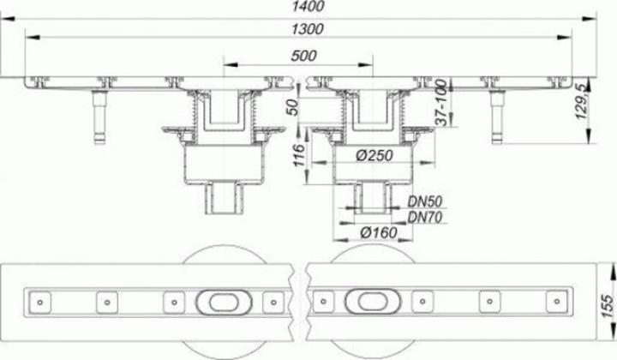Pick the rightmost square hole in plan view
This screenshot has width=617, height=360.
tap(552, 303)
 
